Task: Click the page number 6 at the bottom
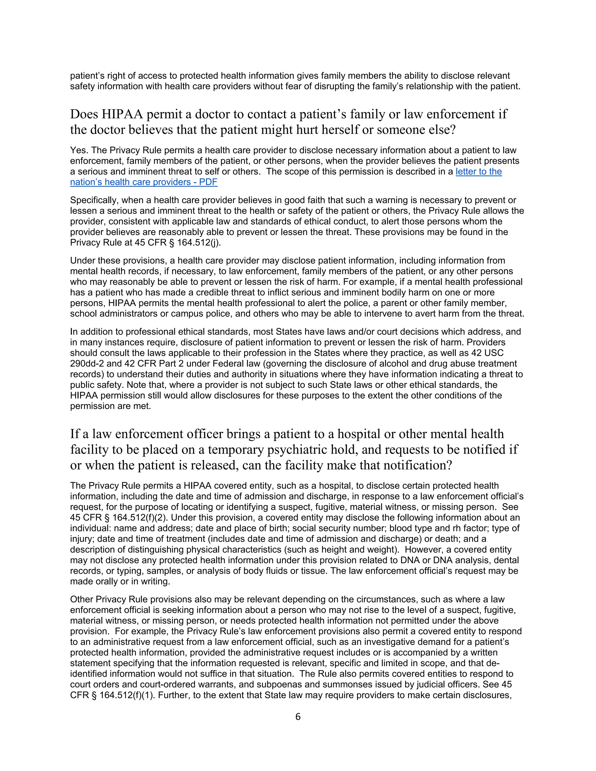298,717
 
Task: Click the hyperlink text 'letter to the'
478,172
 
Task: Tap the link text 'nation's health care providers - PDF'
143,182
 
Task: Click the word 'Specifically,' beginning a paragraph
94,200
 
